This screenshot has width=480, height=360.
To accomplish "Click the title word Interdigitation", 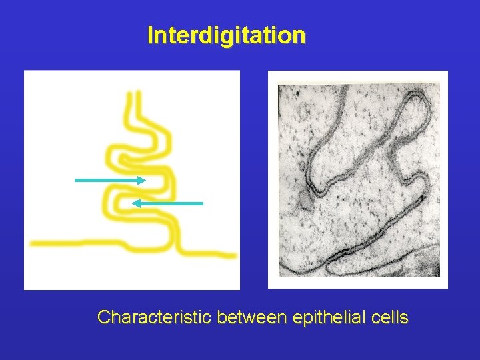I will (x=226, y=35).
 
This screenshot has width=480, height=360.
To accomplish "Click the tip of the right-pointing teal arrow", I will (x=145, y=180).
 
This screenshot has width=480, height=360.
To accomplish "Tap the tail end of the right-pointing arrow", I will (x=75, y=180).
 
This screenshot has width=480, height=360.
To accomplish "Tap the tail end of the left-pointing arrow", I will (x=202, y=203).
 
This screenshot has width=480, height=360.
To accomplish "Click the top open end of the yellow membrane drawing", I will (x=133, y=95).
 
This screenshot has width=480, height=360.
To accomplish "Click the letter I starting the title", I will (x=150, y=35).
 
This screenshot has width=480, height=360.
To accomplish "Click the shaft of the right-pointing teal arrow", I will (x=107, y=180).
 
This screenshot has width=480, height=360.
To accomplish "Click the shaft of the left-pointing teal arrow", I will (x=170, y=203).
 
